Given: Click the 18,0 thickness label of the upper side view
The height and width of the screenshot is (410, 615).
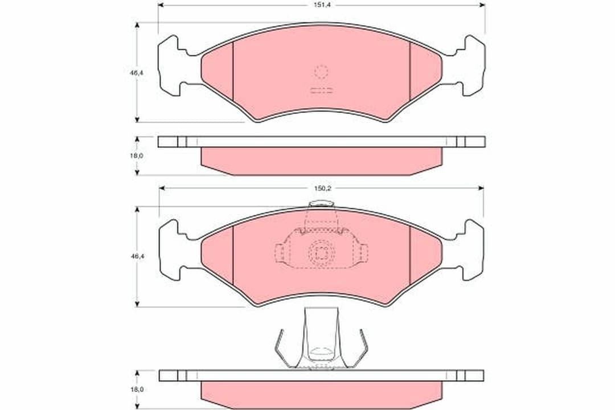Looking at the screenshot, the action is tap(137, 155).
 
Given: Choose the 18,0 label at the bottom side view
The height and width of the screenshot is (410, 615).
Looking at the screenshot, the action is tap(137, 389).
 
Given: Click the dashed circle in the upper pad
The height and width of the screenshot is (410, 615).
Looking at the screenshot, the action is tap(321, 72).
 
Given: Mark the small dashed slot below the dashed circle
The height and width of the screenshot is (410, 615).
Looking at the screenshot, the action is tap(321, 91).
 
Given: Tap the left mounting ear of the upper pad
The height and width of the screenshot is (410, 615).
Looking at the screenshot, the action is tap(177, 65).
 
